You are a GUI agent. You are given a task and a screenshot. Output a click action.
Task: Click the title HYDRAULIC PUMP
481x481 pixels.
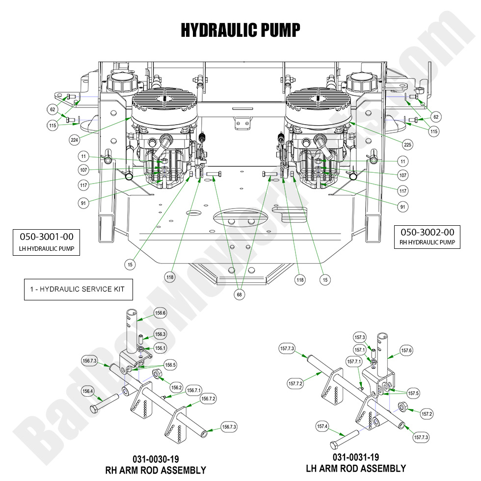click(240, 30)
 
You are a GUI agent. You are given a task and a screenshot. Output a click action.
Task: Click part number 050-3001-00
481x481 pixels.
click(47, 236)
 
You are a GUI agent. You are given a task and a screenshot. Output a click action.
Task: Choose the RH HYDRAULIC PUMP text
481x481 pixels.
click(427, 242)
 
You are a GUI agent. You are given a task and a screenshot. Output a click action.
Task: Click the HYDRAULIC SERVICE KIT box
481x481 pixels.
click(79, 289)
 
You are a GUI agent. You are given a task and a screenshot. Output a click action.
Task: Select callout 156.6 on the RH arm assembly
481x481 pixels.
click(160, 313)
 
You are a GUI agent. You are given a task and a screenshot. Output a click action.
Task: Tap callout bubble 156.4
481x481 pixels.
click(87, 391)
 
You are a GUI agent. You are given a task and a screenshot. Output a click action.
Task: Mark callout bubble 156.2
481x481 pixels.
click(177, 387)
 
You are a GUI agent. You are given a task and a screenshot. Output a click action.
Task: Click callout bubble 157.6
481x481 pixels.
click(406, 350)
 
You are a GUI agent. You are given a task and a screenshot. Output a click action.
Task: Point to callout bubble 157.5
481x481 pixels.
click(413, 393)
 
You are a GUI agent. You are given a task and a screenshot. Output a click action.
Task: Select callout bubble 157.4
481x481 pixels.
click(322, 427)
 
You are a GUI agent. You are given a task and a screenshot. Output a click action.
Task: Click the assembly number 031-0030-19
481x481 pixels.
click(156, 459)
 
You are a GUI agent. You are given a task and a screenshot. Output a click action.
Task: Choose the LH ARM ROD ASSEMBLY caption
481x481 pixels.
click(356, 468)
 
